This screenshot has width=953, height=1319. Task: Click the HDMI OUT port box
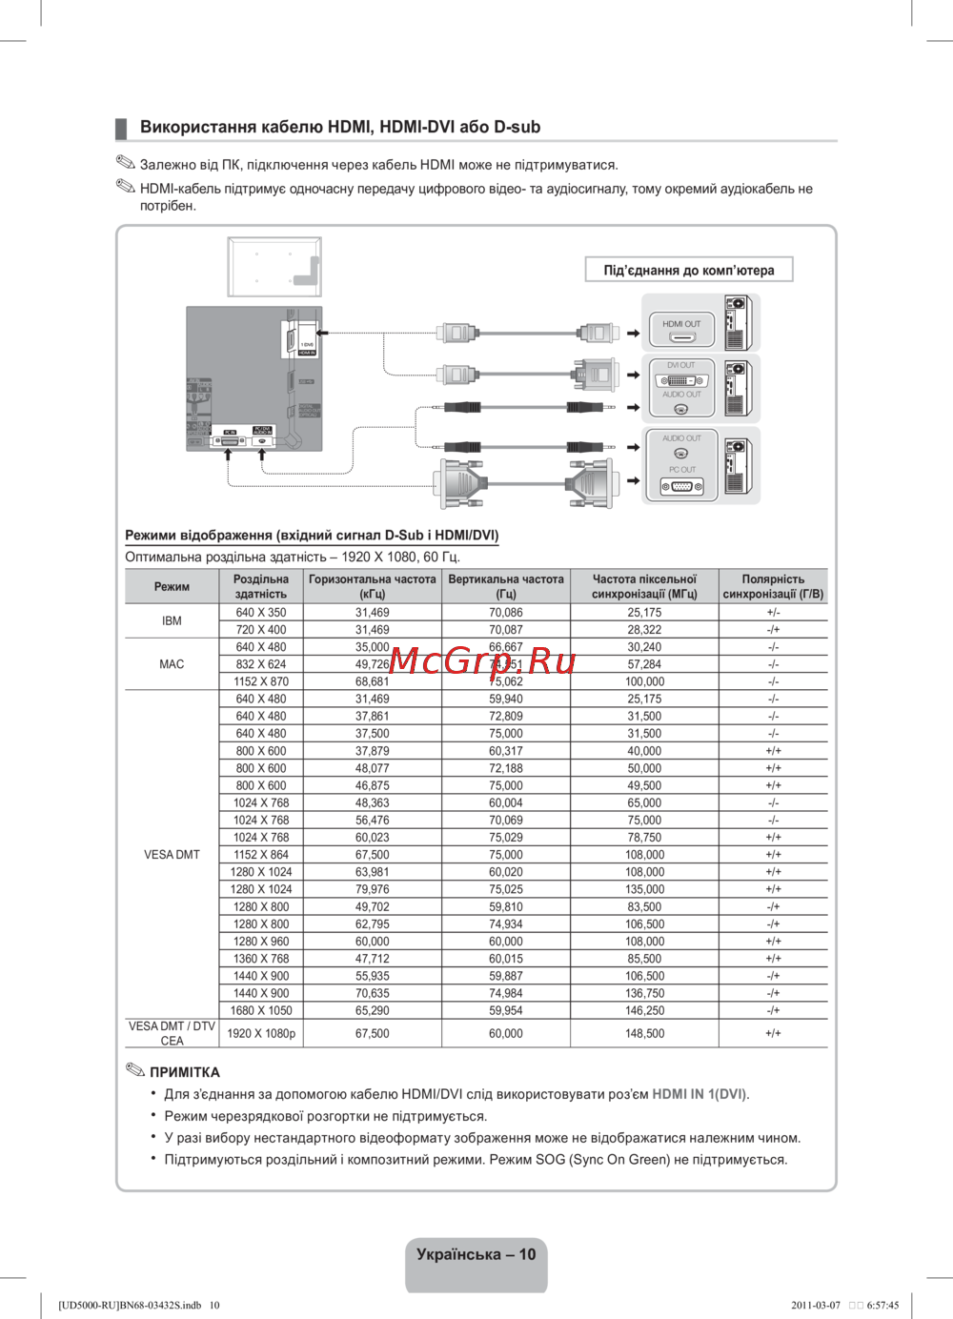[x=681, y=330]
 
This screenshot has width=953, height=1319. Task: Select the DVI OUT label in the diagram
[x=680, y=365]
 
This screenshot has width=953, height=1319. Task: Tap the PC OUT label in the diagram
[x=681, y=470]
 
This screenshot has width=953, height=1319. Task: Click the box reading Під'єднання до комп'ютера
[x=689, y=271]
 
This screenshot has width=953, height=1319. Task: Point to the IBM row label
[x=172, y=621]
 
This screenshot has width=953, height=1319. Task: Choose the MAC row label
[x=172, y=664]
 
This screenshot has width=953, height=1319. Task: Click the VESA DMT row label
[x=172, y=855]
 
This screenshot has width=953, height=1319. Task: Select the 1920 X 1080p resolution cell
[x=261, y=1033]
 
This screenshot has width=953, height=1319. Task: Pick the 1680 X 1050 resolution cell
[x=261, y=1010]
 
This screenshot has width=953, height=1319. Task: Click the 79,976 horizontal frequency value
[x=372, y=889]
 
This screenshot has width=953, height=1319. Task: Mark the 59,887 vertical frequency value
[x=506, y=976]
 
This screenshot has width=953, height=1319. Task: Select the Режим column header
[x=172, y=586]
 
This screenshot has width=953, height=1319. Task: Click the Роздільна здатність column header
[x=261, y=586]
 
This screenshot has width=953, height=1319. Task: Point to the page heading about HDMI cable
[x=340, y=127]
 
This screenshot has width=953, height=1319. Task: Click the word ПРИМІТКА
[x=185, y=1072]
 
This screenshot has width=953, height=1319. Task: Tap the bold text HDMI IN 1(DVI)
[x=699, y=1094]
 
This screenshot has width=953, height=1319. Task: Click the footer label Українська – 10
[x=476, y=1254]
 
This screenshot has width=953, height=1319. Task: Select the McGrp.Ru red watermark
[x=482, y=660]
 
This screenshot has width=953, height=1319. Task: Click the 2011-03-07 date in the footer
[x=816, y=1306]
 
